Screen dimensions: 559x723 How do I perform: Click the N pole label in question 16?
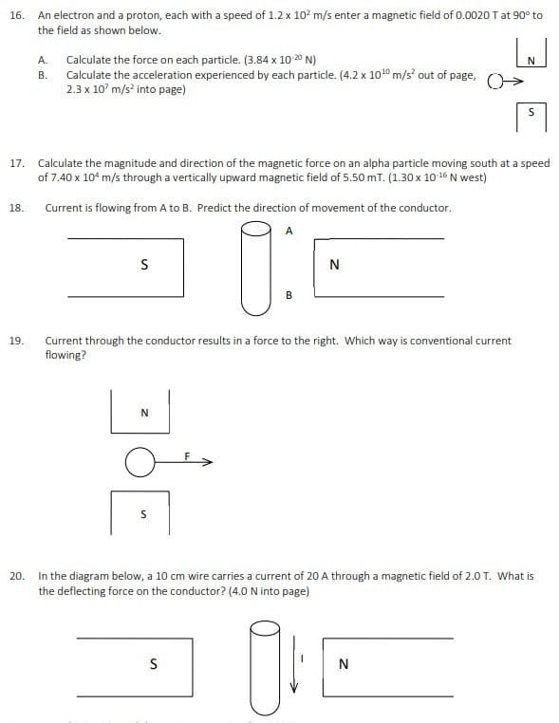[531, 62]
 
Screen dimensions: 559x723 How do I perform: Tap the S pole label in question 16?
[531, 112]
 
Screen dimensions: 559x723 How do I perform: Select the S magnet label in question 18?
[143, 265]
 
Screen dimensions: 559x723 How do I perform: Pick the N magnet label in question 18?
[333, 266]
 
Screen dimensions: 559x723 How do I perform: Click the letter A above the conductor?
[289, 230]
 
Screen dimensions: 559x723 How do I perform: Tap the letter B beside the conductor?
[289, 295]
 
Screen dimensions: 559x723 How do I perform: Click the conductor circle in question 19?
[140, 462]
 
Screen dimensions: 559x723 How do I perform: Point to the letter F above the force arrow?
[188, 455]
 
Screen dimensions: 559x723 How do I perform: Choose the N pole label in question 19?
[143, 412]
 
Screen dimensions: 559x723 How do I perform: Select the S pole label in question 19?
[143, 515]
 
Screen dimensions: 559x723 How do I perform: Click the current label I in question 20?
[300, 658]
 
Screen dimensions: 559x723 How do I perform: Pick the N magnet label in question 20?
[343, 664]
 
